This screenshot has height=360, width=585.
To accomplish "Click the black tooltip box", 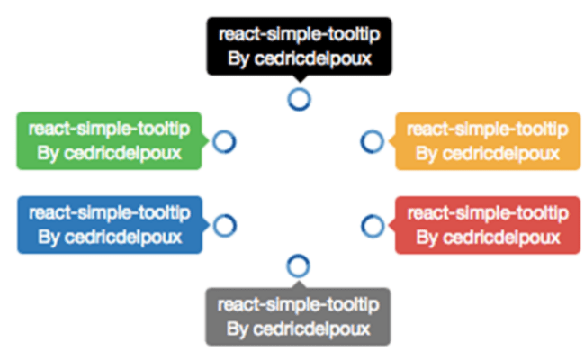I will [x=299, y=47].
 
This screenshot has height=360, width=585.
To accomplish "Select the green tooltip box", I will [x=110, y=140].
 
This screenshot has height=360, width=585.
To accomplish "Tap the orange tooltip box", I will [x=487, y=140].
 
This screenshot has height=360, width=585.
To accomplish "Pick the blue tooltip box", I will [x=110, y=225].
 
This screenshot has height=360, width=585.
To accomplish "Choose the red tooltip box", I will [x=487, y=225].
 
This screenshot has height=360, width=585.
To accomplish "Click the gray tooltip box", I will [x=299, y=317].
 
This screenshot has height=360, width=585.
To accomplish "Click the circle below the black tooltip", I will [x=299, y=98].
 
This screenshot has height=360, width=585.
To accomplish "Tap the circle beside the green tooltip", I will [x=224, y=141].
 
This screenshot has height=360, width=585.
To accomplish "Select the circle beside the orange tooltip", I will [x=372, y=141].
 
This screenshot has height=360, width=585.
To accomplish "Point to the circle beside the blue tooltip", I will [x=224, y=224].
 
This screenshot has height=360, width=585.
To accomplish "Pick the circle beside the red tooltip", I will [x=372, y=224].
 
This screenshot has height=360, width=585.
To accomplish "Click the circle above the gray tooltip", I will [x=299, y=265].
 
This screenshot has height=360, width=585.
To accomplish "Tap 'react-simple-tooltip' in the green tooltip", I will [x=110, y=128].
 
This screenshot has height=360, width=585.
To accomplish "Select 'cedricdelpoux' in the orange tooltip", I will [x=499, y=154].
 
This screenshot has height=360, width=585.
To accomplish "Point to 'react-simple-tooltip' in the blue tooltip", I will [x=110, y=212].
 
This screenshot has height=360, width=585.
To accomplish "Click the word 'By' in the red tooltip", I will [x=427, y=238].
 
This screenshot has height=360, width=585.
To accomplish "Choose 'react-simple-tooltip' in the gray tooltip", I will [x=299, y=304].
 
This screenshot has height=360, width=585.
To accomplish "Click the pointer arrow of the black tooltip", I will [x=299, y=82].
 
